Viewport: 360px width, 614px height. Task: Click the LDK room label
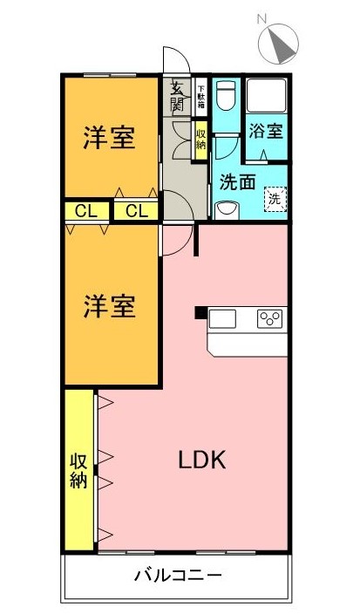click(x=202, y=460)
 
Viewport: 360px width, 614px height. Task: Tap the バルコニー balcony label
click(x=178, y=576)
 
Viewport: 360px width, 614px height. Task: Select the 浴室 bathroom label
click(x=266, y=131)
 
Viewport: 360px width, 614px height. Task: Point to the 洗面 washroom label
click(x=237, y=182)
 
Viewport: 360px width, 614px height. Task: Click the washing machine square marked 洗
click(x=275, y=199)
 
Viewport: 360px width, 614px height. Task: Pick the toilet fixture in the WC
click(x=226, y=95)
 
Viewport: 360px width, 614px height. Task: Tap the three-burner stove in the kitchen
click(x=269, y=318)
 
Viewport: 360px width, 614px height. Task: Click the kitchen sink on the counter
click(x=222, y=318)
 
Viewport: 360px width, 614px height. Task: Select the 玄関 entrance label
click(x=177, y=97)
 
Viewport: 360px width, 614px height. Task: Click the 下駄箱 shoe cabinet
click(x=200, y=96)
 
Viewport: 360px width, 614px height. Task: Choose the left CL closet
click(x=86, y=211)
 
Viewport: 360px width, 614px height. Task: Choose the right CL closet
click(x=137, y=211)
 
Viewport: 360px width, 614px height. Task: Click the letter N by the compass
click(x=262, y=18)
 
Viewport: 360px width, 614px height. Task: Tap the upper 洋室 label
click(x=109, y=138)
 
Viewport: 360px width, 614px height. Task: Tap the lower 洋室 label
click(x=109, y=306)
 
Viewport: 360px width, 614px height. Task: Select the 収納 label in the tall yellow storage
click(x=78, y=471)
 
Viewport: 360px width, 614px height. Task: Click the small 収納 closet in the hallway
click(x=200, y=140)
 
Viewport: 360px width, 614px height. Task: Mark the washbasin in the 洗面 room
click(x=227, y=209)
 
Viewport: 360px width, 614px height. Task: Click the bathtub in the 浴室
click(x=267, y=95)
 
